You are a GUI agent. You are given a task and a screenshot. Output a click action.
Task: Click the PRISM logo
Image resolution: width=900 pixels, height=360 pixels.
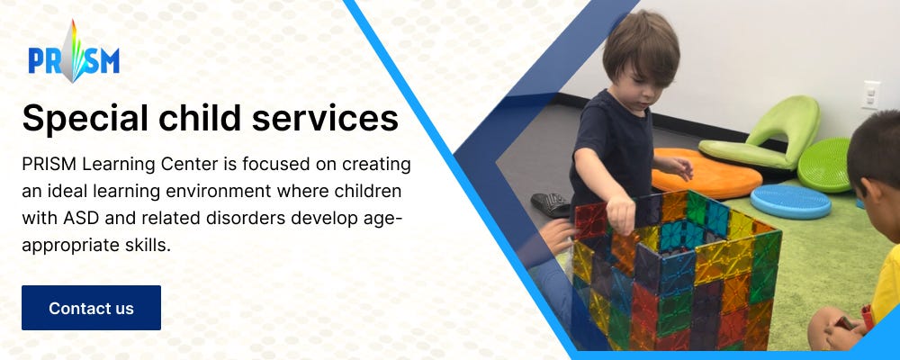coord(74,52)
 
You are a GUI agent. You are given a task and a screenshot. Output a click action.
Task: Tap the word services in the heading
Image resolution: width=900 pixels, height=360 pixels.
coord(325,118)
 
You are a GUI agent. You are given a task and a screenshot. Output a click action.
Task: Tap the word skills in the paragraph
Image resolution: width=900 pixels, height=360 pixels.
coord(143,245)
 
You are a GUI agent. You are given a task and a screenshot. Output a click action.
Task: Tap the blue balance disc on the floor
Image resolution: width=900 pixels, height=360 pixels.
coord(789,201)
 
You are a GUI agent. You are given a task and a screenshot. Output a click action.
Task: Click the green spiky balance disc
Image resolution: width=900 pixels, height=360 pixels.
coord(823,166)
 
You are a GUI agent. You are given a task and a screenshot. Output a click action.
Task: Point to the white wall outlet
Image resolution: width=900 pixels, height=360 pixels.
coord(870,95)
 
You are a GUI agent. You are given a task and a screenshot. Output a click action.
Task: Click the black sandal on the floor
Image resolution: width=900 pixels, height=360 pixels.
coord(551,205)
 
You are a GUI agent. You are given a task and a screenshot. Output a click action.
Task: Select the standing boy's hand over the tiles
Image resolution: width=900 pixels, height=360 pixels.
coord(621,213)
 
